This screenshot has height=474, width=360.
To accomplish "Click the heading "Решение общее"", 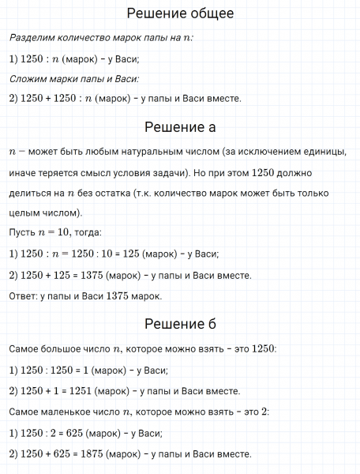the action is click(180, 13).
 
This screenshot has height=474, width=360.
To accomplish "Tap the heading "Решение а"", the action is click(180, 127).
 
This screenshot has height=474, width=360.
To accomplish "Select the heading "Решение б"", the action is click(180, 325).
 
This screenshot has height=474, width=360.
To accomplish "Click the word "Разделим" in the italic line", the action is click(33, 37).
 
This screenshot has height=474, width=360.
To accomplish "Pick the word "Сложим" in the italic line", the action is click(29, 78).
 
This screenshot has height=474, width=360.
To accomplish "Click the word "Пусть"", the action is click(23, 234).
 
